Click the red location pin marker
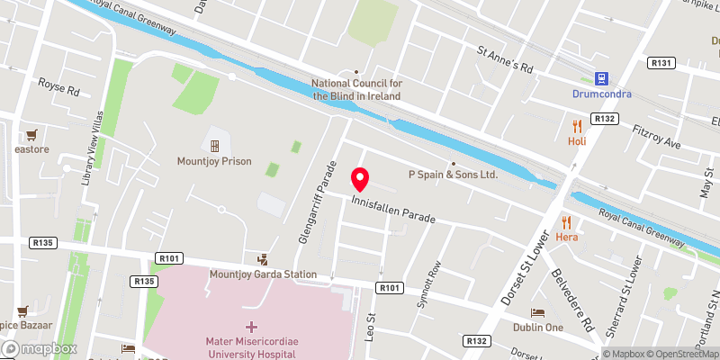click(360, 178)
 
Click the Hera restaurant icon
click(566, 221)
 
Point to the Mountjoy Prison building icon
click(214, 145)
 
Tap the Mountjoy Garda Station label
click(263, 274)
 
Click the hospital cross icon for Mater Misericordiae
click(251, 326)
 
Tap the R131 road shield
click(661, 62)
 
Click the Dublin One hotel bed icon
click(538, 312)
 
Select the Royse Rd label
click(59, 91)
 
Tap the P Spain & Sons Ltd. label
click(453, 175)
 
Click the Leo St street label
click(370, 322)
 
